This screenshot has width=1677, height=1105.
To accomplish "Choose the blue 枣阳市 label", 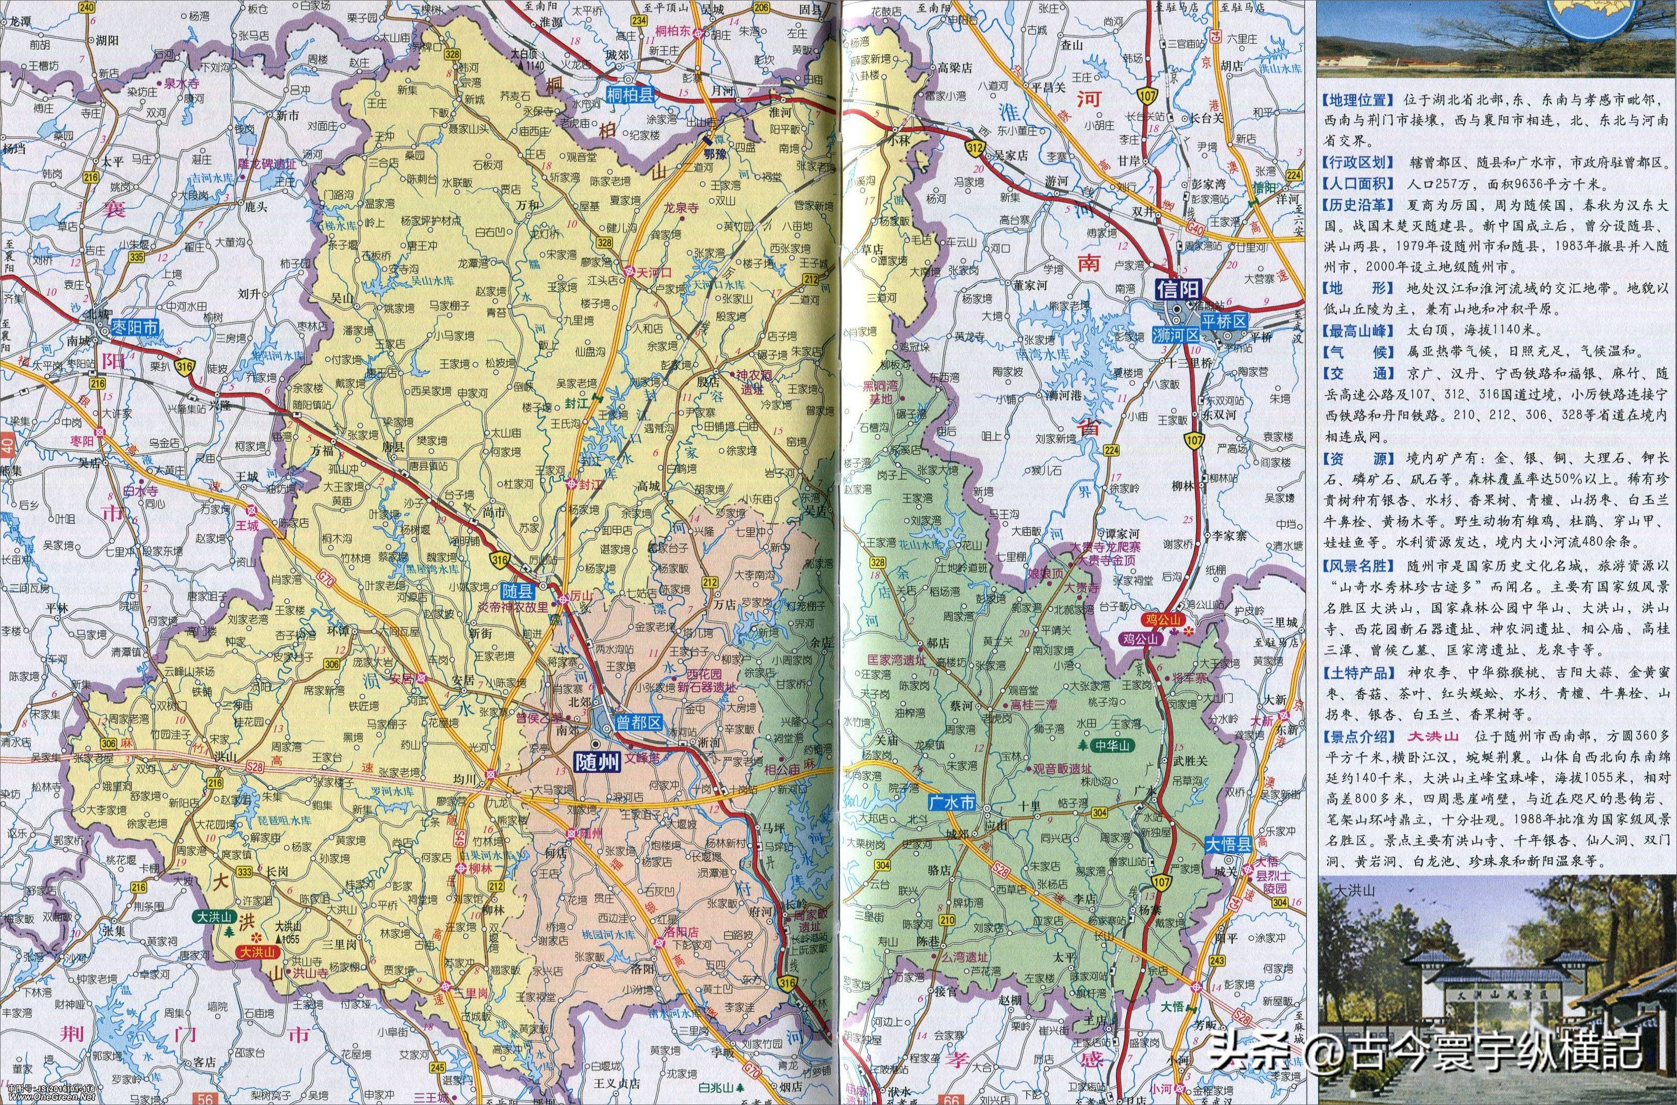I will [136, 327].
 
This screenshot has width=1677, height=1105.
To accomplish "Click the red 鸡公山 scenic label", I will [1160, 618].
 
